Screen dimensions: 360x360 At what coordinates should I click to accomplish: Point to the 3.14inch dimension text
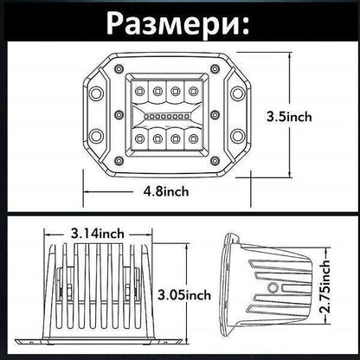pos(98,232)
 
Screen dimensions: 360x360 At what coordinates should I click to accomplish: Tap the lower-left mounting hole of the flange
pos(95,136)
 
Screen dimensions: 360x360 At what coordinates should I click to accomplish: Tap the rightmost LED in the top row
pos(192,90)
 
